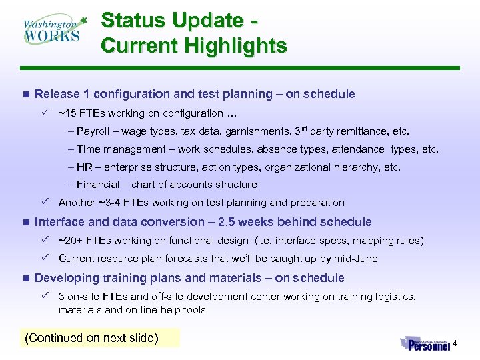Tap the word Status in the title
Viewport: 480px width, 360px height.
pyautogui.click(x=134, y=21)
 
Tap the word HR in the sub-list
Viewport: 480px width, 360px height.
pyautogui.click(x=84, y=167)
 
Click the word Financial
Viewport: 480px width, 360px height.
pyautogui.click(x=100, y=185)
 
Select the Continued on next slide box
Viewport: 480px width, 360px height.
pyautogui.click(x=91, y=338)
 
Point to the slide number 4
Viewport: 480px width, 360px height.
pyautogui.click(x=455, y=344)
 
